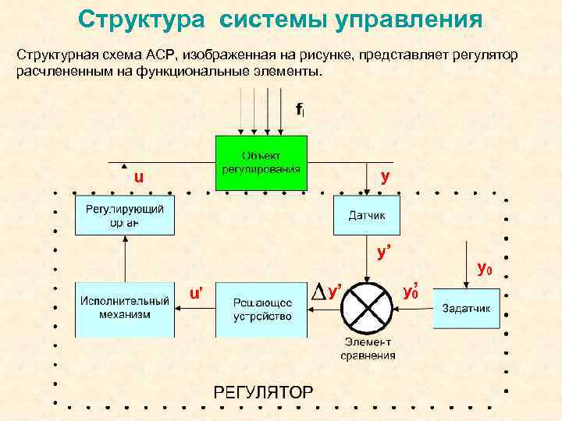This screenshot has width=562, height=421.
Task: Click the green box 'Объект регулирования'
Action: (x=261, y=162)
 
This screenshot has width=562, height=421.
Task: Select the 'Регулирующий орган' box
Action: (x=124, y=215)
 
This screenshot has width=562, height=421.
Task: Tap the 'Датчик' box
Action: (x=367, y=214)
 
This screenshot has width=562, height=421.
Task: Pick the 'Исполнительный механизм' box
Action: (x=124, y=308)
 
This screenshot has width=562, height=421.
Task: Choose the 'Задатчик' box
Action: (x=466, y=308)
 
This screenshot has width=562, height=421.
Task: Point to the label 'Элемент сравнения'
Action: (x=368, y=349)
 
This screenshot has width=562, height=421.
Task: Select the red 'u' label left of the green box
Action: (x=138, y=177)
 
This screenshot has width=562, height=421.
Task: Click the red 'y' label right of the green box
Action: (x=385, y=176)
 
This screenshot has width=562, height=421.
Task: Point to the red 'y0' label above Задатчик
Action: (x=484, y=269)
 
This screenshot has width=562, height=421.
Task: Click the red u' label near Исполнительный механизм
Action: (x=196, y=293)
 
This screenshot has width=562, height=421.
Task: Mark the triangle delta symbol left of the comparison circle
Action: (x=318, y=292)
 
